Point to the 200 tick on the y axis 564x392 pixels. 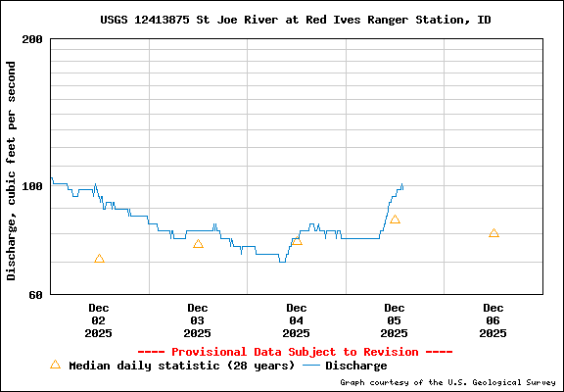click(31, 39)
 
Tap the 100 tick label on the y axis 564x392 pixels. click(31, 185)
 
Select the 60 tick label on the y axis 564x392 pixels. click(35, 294)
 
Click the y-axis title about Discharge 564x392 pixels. click(12, 170)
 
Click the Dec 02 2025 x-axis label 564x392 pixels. click(98, 319)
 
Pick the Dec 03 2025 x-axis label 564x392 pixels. click(197, 319)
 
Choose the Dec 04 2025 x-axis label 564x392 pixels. click(296, 319)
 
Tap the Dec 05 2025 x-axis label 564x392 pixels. click(395, 319)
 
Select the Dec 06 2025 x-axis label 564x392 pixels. click(493, 319)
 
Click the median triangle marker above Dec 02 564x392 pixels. click(99, 259)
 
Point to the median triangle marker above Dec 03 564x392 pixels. click(198, 244)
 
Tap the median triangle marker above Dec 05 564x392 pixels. click(395, 220)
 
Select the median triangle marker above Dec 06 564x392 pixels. click(493, 233)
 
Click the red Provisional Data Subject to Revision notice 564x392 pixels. click(295, 352)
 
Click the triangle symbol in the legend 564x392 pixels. click(55, 365)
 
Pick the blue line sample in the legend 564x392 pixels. click(311, 366)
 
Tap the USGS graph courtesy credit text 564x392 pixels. click(447, 382)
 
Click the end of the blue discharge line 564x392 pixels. click(402, 185)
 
